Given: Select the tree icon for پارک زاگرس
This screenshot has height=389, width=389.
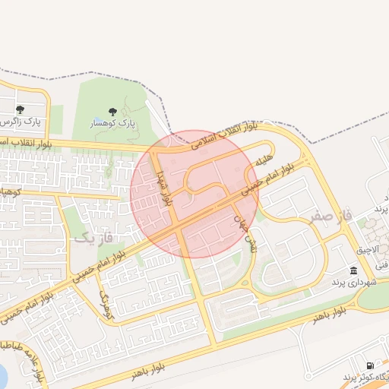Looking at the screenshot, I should click(21, 109).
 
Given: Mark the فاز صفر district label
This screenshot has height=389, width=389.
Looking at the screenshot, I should click(331, 217).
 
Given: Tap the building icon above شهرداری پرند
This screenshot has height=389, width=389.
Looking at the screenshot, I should click(353, 270).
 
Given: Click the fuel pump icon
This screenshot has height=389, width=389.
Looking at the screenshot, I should click(370, 365).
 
